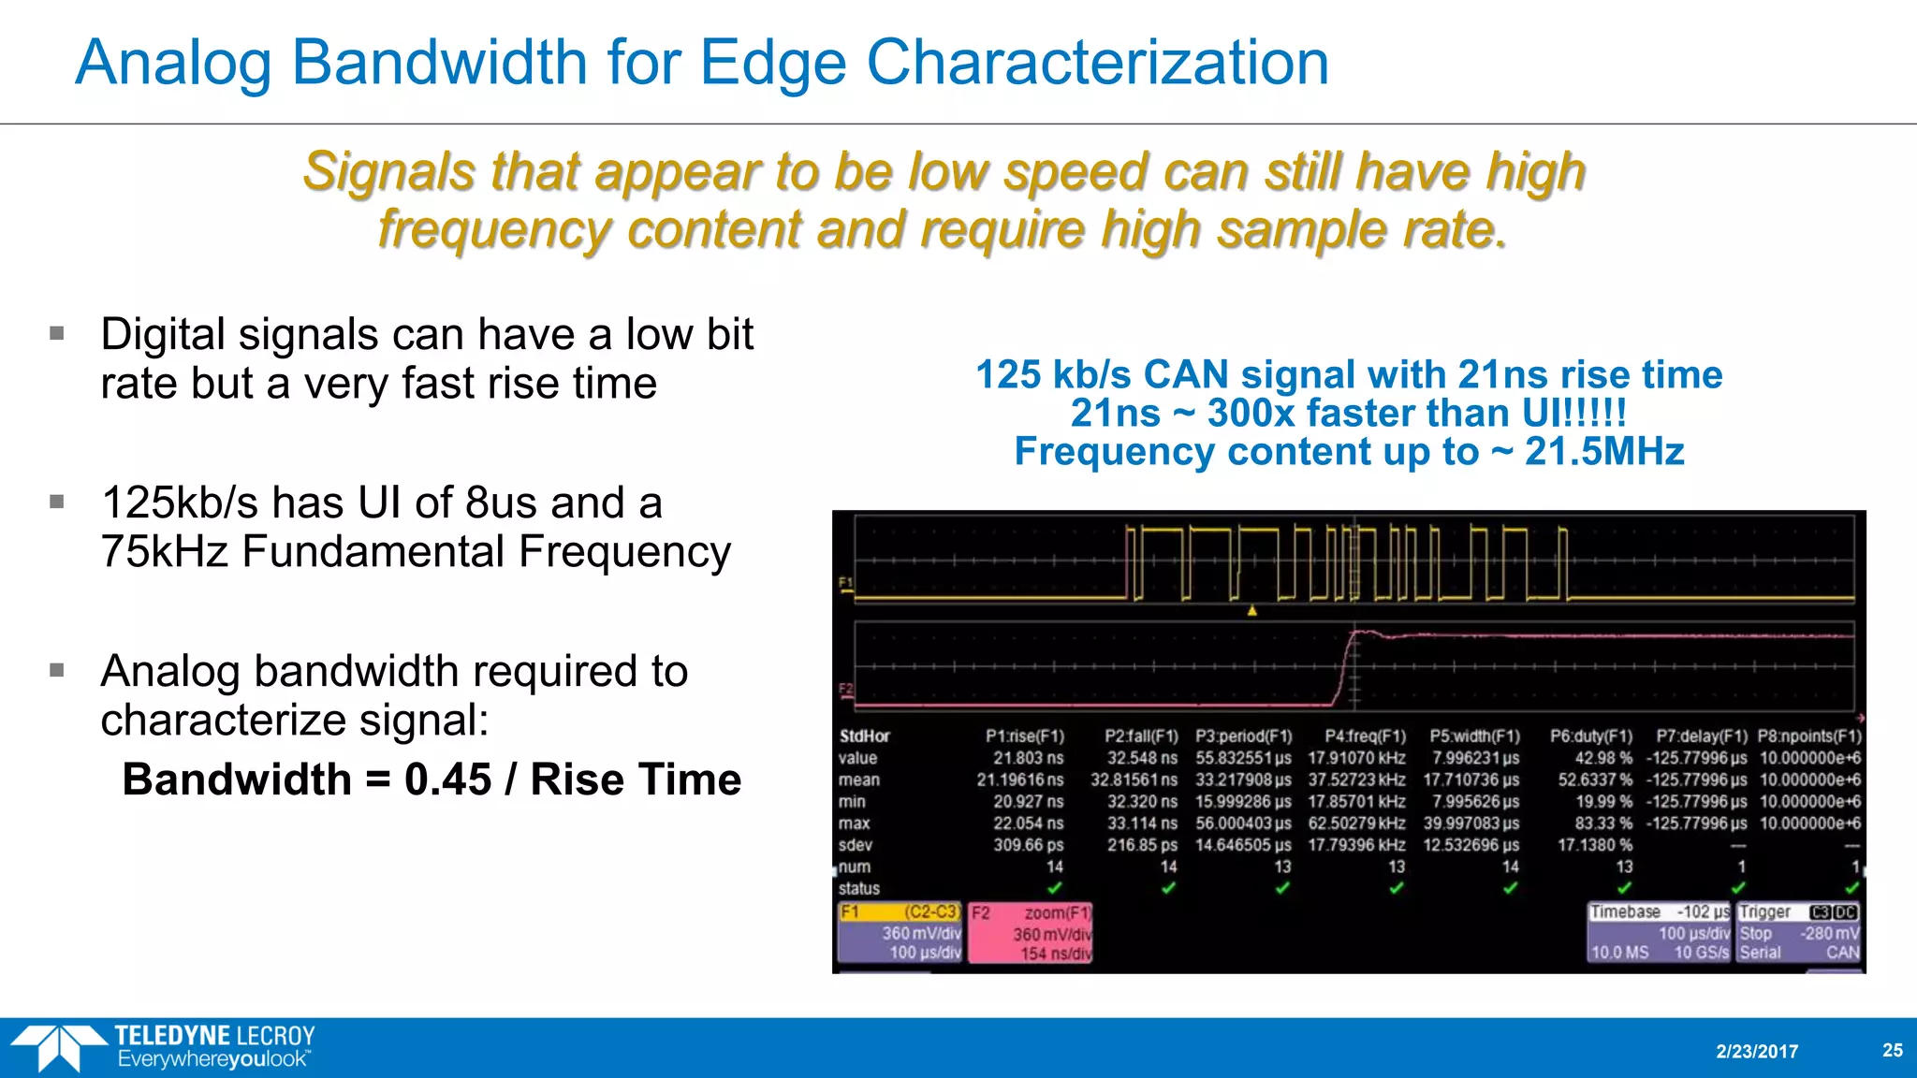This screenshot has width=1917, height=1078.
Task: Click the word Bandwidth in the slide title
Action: pos(438,63)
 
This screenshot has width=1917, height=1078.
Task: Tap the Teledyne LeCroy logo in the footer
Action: pos(164,1047)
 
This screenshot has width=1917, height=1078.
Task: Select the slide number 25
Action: pos(1892,1050)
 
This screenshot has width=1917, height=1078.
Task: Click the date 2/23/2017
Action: pos(1757,1051)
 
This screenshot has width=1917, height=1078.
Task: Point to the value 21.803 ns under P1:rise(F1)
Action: pos(1028,758)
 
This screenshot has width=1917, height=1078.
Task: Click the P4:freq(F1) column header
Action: pos(1365,736)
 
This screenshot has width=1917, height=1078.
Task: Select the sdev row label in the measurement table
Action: pos(855,845)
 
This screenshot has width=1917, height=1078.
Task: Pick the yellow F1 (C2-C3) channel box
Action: pos(900,932)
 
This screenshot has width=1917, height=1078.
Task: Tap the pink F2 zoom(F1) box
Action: pos(1030,933)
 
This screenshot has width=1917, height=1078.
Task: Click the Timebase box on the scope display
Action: pos(1659,932)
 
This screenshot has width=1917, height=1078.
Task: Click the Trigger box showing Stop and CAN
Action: pos(1798,932)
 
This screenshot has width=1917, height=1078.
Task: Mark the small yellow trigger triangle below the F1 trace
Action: pos(1251,611)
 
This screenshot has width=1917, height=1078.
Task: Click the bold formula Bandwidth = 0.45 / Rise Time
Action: pos(432,779)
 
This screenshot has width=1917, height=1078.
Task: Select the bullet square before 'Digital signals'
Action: pos(57,333)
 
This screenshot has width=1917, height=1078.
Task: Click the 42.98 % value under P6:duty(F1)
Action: pos(1602,758)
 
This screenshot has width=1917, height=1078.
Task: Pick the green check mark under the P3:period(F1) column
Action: pos(1282,888)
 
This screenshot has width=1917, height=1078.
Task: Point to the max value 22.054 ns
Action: pos(1028,823)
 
